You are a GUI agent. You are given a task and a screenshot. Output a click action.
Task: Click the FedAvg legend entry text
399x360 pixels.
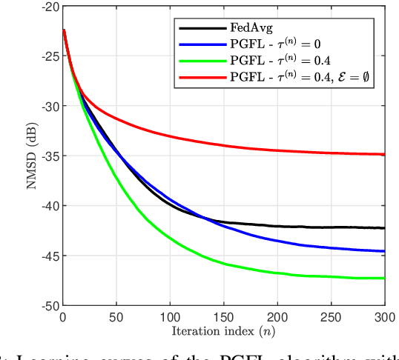tap(252, 27)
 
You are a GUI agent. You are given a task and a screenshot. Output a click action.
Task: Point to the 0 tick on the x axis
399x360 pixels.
tap(63, 316)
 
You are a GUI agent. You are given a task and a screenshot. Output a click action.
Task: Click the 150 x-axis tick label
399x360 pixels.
tap(224, 316)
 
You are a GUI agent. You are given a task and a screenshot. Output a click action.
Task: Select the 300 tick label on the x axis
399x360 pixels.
tap(384, 316)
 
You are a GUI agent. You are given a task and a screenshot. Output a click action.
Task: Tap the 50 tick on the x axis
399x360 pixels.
tap(116, 316)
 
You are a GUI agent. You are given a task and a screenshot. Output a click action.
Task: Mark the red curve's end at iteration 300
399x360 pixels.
tap(384, 154)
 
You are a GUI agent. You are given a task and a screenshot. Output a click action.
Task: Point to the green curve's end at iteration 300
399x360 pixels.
tap(384, 279)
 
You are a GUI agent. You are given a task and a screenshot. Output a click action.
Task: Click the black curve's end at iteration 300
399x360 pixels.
tap(384, 228)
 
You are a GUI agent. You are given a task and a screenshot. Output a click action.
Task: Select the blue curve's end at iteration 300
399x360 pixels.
tap(384, 251)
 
